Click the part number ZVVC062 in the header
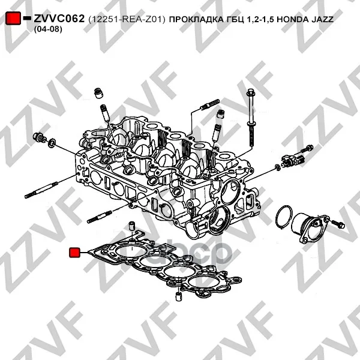[x=59, y=19]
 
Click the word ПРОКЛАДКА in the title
[x=197, y=20]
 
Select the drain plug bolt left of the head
[x=40, y=137]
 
